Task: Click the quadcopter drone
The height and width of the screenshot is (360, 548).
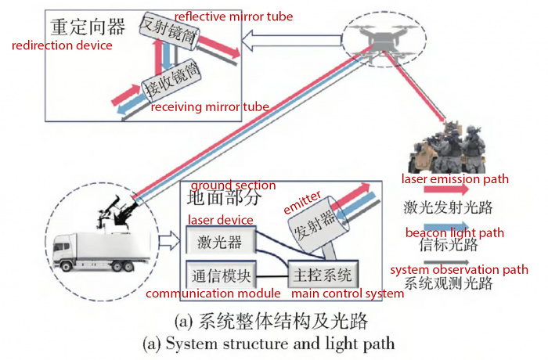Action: [384, 41]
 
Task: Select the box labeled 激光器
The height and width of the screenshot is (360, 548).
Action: [221, 240]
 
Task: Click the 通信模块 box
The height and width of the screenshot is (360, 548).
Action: [221, 275]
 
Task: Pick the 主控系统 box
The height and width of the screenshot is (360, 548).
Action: [323, 275]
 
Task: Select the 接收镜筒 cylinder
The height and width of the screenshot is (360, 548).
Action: [171, 81]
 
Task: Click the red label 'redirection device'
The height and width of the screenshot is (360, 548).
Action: [62, 45]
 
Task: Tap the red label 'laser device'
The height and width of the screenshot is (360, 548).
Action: [221, 220]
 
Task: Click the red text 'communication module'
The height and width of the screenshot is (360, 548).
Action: [213, 293]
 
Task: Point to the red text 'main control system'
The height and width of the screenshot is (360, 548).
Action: [348, 293]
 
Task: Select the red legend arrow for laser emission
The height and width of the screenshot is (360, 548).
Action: [446, 189]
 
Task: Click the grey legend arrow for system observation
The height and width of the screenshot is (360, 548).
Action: [447, 262]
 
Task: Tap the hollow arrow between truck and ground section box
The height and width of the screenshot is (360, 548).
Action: [170, 241]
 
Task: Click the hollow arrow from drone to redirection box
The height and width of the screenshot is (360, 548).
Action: [291, 41]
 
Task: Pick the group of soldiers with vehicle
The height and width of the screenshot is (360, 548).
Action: [449, 147]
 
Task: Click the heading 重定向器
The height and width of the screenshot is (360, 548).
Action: [88, 27]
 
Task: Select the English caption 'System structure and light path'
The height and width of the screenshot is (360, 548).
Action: [269, 344]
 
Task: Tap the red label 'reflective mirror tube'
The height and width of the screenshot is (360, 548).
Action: [233, 16]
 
